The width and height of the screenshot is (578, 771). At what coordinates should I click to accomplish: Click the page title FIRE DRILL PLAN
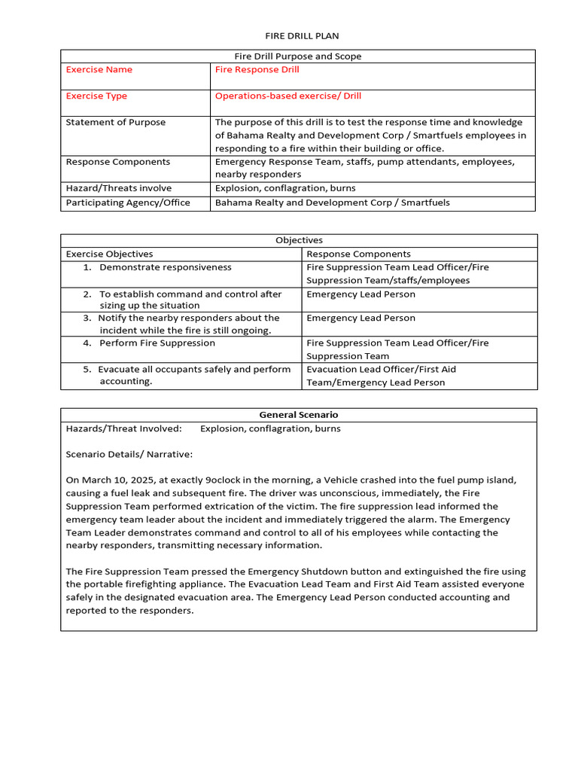point(297,36)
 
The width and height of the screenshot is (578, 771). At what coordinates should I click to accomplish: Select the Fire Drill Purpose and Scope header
point(297,56)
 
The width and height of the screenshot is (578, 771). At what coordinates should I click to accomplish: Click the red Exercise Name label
point(99,70)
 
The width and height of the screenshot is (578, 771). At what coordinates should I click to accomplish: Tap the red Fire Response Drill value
point(257,70)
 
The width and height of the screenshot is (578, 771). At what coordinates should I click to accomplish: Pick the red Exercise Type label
point(96,96)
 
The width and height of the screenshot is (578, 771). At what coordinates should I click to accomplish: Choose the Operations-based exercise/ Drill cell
point(288,96)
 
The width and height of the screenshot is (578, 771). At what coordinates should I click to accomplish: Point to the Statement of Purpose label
point(115,123)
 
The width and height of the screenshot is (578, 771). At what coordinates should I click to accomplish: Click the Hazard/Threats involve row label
point(118,188)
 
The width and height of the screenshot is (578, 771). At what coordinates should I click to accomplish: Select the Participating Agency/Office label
point(128,203)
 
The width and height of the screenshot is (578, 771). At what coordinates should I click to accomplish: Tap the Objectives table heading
point(299,240)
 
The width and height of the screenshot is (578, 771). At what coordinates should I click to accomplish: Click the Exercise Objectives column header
point(109,254)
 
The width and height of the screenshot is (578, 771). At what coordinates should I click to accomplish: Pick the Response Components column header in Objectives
point(358,254)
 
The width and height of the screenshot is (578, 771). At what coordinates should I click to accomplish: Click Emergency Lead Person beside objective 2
point(360,294)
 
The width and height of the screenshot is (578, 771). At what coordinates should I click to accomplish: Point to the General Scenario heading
point(298,415)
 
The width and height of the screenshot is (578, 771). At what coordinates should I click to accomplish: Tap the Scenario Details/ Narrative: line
point(129,455)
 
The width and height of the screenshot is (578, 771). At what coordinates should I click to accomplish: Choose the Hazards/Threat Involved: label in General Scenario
point(123,429)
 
